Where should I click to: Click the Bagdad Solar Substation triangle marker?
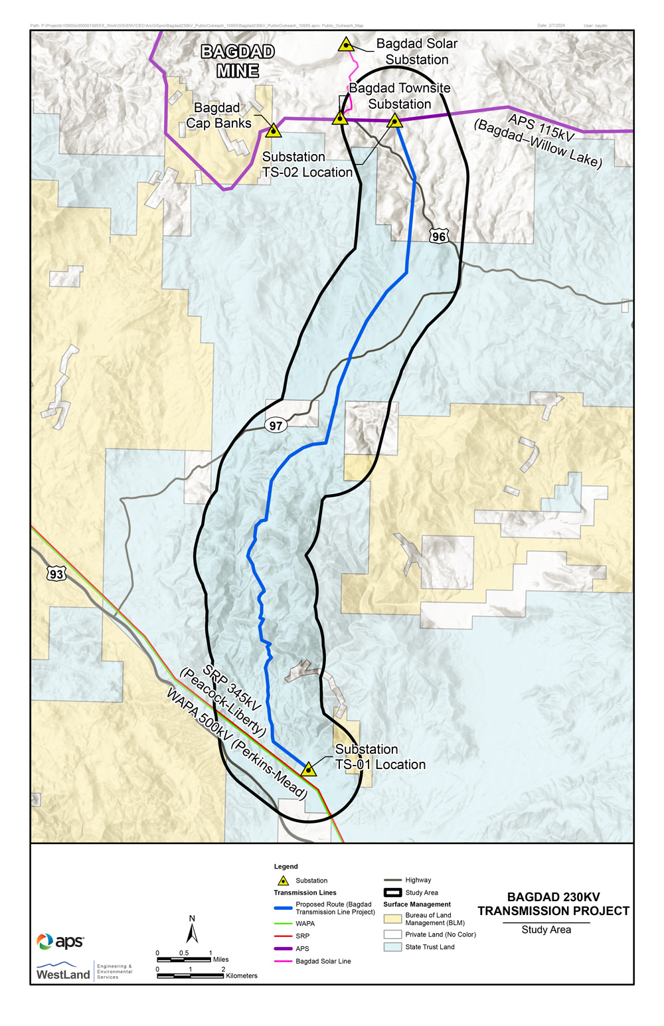(x=345, y=45)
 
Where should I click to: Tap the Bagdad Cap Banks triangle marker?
(x=273, y=130)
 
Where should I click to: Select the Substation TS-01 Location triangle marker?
(x=308, y=770)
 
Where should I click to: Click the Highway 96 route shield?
(x=438, y=236)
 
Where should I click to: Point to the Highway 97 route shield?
(x=276, y=426)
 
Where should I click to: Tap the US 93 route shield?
(x=56, y=574)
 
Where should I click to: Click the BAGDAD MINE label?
(x=238, y=61)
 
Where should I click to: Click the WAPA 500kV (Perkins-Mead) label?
(x=236, y=744)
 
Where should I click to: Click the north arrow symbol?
(x=192, y=930)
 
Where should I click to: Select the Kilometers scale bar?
(x=191, y=976)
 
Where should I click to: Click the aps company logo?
(x=60, y=941)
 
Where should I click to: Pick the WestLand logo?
(x=64, y=972)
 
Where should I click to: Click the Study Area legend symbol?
(x=392, y=893)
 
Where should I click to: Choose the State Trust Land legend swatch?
(x=392, y=947)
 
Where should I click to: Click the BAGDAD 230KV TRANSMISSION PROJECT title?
(x=553, y=904)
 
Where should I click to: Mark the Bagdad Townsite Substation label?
(x=400, y=96)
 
